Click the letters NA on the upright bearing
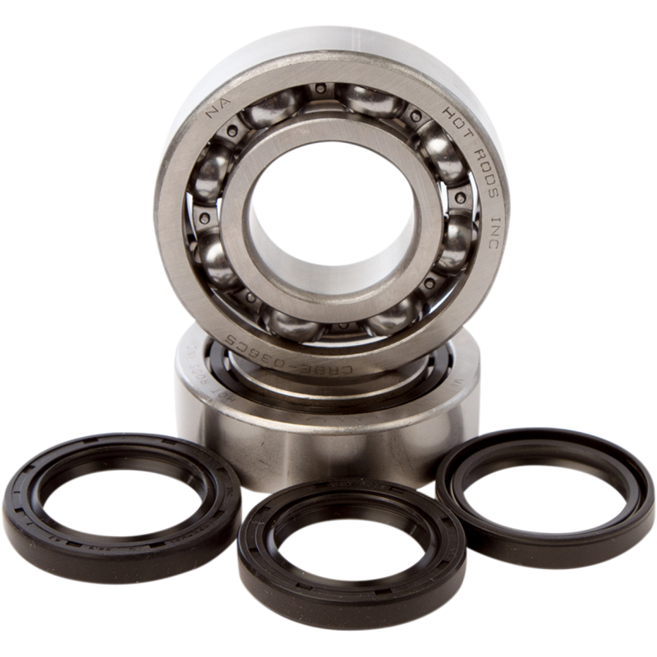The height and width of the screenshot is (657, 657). pyautogui.click(x=215, y=106)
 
